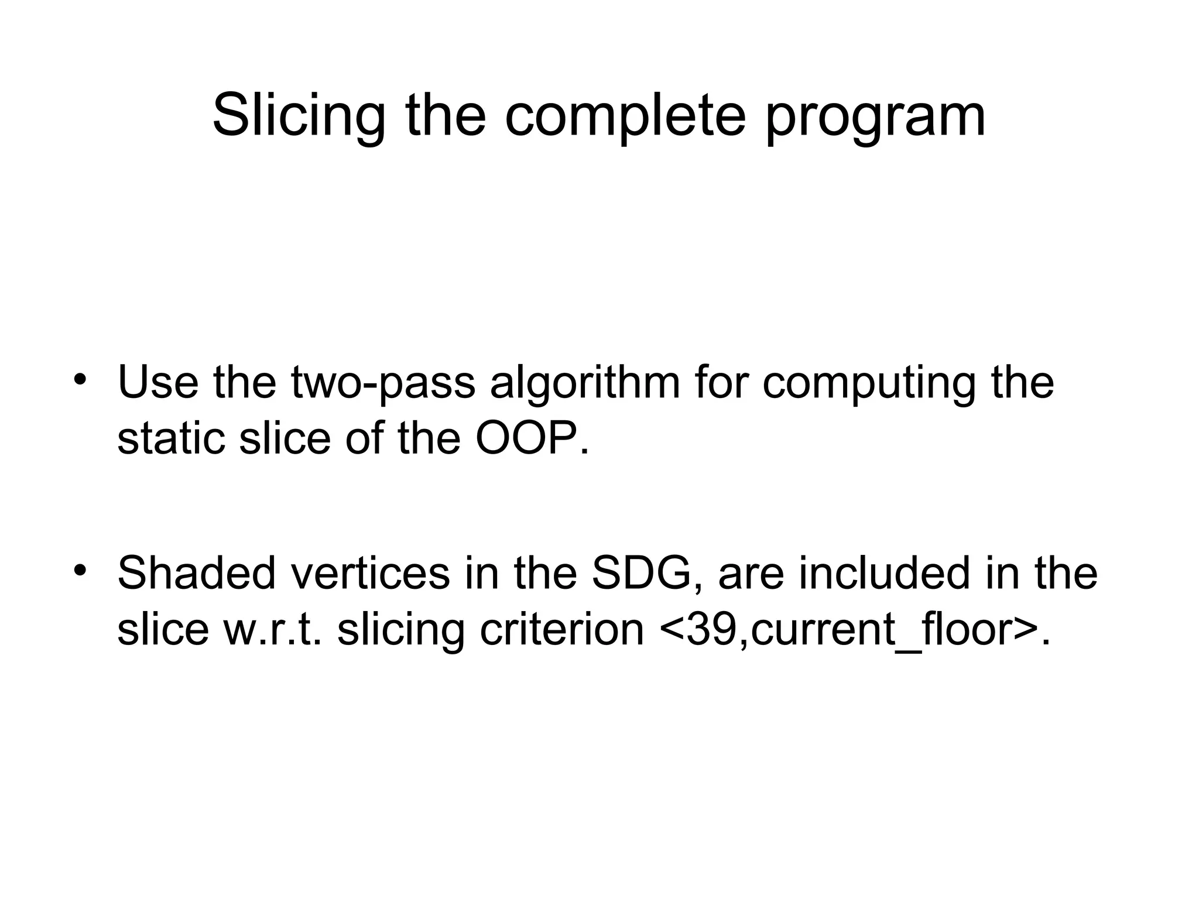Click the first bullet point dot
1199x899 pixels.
(x=80, y=377)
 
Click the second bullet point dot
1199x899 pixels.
(x=80, y=569)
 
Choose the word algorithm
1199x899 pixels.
(x=584, y=382)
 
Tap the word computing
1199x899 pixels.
(x=868, y=382)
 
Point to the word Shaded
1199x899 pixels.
(x=196, y=574)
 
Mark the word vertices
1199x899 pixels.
(x=370, y=574)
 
